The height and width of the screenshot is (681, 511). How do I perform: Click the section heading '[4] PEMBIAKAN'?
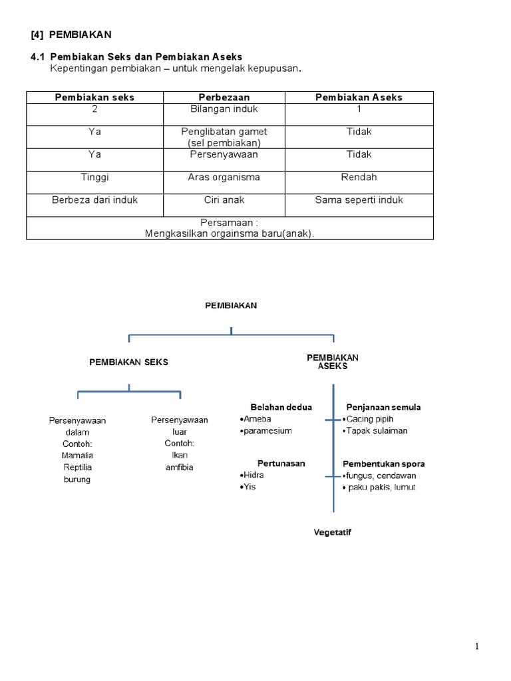[x=72, y=34]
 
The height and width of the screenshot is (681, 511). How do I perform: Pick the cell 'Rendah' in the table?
[x=359, y=178]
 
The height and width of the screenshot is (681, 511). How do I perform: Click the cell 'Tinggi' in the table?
[x=94, y=178]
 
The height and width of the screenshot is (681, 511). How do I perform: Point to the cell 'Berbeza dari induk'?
[x=94, y=200]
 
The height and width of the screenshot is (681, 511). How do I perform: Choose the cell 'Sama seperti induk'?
[x=359, y=200]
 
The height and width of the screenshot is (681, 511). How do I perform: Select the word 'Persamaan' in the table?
[x=226, y=223]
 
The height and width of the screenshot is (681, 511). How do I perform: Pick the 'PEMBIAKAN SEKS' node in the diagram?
[x=129, y=362]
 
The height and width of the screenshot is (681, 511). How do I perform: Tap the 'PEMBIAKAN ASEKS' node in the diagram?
[x=332, y=362]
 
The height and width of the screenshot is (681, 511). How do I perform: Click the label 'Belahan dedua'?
[x=281, y=407]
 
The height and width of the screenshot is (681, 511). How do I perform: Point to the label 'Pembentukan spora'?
[x=383, y=464]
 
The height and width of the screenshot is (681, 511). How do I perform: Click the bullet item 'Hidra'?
[x=254, y=476]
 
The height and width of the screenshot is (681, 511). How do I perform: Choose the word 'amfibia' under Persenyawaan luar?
[x=179, y=468]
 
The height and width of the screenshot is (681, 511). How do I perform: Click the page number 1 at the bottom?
[x=477, y=646]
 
